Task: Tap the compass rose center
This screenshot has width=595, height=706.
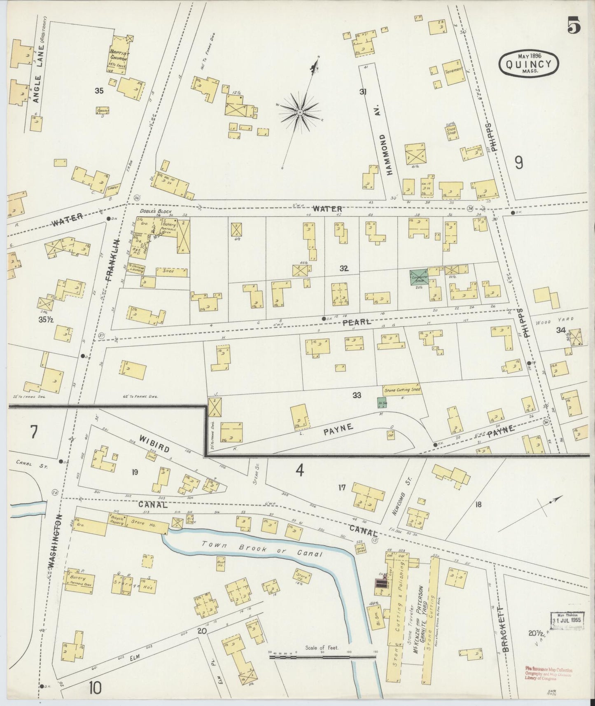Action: click(301, 112)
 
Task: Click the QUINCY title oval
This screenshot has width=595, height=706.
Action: click(528, 64)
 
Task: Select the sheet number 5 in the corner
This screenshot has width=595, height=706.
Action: click(574, 27)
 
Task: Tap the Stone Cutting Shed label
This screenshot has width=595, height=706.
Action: click(402, 390)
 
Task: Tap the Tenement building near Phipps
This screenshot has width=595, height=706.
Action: click(453, 72)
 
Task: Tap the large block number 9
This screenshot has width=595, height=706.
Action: click(519, 163)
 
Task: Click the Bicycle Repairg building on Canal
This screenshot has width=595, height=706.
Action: click(117, 520)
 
